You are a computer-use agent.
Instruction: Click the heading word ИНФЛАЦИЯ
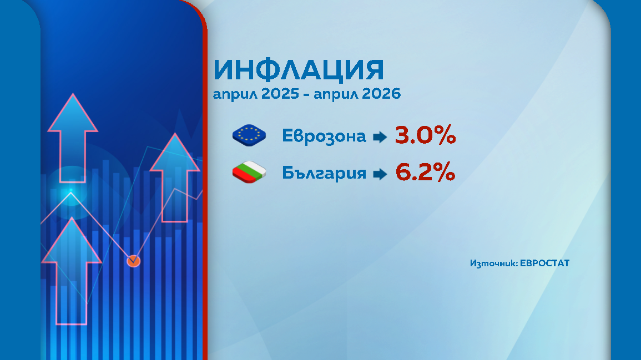299,70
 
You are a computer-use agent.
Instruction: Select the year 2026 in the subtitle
381,94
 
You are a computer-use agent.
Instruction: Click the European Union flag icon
249,135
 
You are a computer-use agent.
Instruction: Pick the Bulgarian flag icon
249,173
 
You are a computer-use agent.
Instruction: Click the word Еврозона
324,136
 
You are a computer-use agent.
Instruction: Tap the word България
324,173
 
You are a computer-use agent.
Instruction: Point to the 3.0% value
425,135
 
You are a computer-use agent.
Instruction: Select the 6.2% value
425,173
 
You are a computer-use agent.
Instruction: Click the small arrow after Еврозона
380,136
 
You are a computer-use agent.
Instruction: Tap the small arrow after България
380,174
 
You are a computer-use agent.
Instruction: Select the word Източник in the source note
493,263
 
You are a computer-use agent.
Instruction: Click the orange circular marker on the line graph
133,260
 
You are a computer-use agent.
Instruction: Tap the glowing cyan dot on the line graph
70,192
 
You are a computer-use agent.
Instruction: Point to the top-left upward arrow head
72,114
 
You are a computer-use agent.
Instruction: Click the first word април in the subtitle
231,94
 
